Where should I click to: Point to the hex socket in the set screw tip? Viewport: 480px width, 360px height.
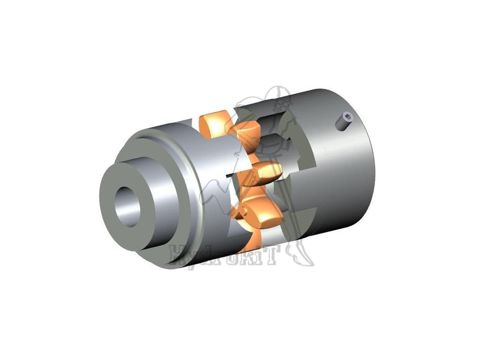tap(347, 115)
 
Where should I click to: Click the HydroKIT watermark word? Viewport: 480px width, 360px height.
tap(225, 255)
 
